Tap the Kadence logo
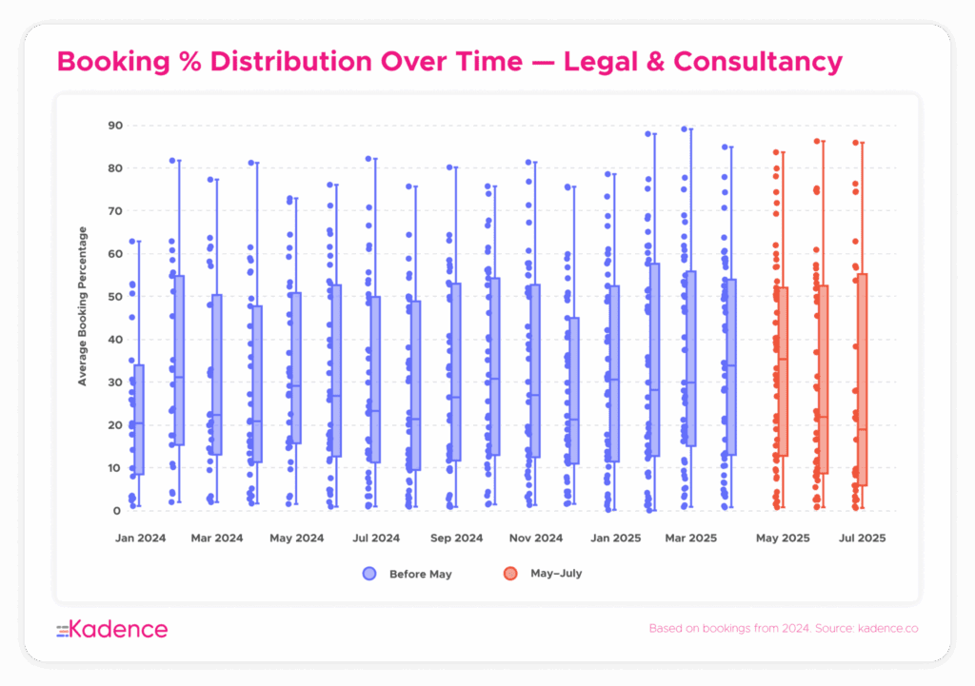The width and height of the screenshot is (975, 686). (112, 629)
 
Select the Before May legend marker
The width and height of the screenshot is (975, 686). (369, 574)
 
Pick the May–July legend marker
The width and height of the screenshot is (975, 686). (510, 574)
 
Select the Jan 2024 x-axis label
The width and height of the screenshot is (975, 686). (140, 539)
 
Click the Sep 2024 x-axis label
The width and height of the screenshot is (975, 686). (456, 539)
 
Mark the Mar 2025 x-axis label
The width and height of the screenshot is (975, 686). (690, 539)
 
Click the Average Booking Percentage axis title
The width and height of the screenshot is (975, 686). (83, 305)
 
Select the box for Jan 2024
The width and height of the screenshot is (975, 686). (139, 420)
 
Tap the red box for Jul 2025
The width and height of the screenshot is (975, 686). (862, 380)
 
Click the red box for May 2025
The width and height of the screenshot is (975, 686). (783, 371)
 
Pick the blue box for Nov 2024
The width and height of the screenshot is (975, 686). (535, 371)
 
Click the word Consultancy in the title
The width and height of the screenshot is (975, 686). (758, 62)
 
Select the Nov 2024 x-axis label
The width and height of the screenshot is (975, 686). (535, 539)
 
